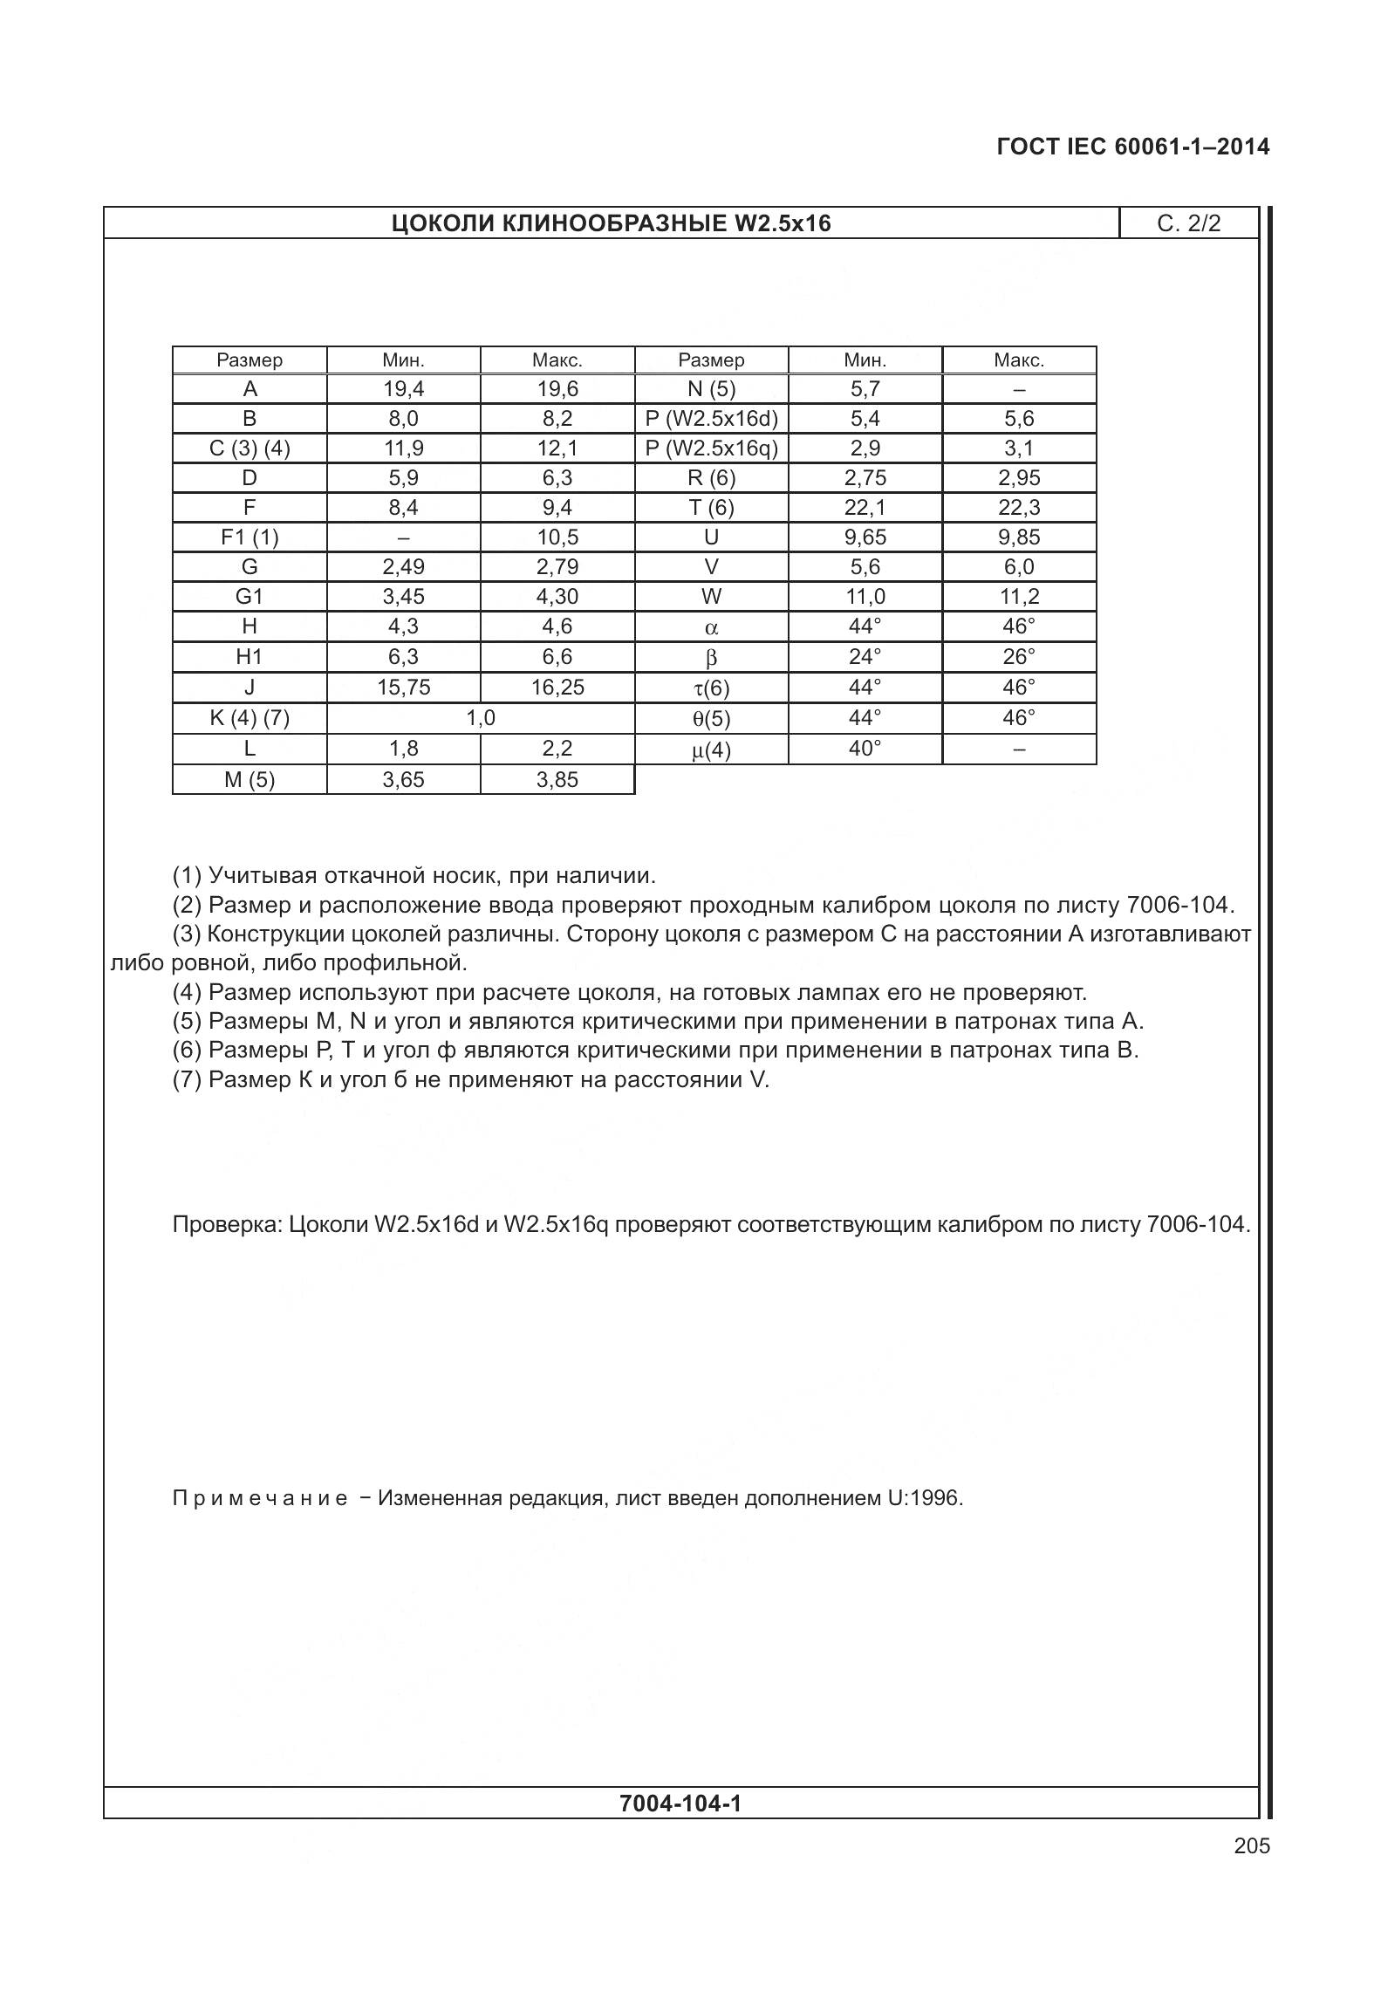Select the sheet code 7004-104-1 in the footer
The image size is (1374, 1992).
click(680, 1804)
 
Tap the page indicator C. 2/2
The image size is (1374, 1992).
click(1188, 223)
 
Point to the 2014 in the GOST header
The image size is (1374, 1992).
click(1242, 147)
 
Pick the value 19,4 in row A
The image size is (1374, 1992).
click(403, 389)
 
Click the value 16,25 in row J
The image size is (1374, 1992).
click(557, 688)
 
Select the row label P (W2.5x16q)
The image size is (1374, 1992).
click(711, 448)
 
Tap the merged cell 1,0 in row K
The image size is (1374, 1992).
click(481, 718)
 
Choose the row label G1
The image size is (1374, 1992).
click(250, 597)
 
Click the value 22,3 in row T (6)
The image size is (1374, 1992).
click(1018, 508)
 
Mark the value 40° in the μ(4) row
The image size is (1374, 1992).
click(865, 749)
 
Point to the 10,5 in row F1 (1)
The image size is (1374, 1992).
click(557, 537)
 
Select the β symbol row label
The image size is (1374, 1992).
click(711, 658)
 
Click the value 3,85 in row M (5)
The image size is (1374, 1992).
click(557, 780)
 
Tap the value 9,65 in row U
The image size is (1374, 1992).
click(865, 537)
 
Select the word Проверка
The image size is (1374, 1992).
click(226, 1225)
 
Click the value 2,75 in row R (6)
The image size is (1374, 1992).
click(865, 478)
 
